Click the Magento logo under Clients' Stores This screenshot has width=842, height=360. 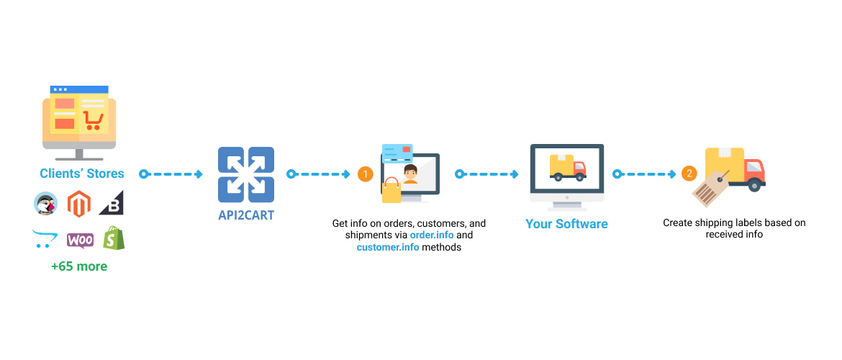click(x=80, y=204)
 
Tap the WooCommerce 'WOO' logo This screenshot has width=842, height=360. click(x=80, y=240)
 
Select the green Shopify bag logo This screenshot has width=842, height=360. click(x=114, y=238)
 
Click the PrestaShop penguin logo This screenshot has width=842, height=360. click(x=45, y=204)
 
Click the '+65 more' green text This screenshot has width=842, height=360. click(x=79, y=266)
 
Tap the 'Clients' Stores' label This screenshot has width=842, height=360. click(x=81, y=174)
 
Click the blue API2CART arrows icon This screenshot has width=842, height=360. click(x=246, y=174)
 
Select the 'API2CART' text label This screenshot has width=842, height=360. click(x=246, y=215)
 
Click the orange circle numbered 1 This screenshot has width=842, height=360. click(x=366, y=174)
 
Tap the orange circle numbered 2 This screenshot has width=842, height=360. click(x=689, y=174)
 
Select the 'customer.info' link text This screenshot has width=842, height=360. click(x=387, y=248)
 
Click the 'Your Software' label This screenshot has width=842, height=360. click(x=566, y=224)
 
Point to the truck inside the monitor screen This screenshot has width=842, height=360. click(x=567, y=167)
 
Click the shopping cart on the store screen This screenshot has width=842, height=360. click(x=92, y=120)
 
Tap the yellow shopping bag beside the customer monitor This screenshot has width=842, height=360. click(x=391, y=191)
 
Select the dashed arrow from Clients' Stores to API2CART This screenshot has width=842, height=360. click(x=173, y=174)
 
